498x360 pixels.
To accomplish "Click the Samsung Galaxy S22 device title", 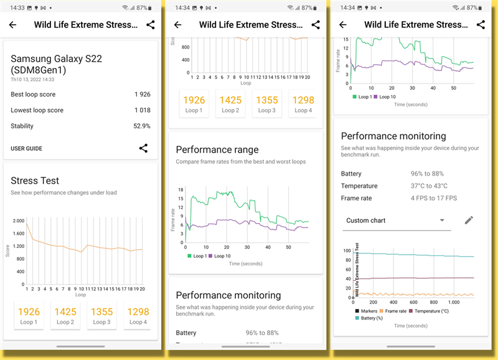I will click(56, 64).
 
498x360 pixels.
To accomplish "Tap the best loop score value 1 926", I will click(142, 95).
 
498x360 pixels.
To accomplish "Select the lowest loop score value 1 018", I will click(142, 110).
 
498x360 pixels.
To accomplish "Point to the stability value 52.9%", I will click(142, 126).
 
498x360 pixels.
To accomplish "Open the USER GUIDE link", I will click(26, 149).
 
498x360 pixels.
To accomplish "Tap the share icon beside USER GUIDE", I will click(143, 148).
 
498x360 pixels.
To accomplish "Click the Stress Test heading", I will click(35, 181).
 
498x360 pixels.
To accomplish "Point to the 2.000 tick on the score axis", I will click(18, 222).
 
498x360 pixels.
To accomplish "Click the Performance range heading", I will click(217, 149).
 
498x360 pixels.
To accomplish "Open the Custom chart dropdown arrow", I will click(442, 220).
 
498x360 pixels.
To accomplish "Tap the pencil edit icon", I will click(469, 220).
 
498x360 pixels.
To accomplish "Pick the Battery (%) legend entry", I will click(371, 318).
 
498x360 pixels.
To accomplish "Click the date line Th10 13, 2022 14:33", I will click(32, 80).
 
